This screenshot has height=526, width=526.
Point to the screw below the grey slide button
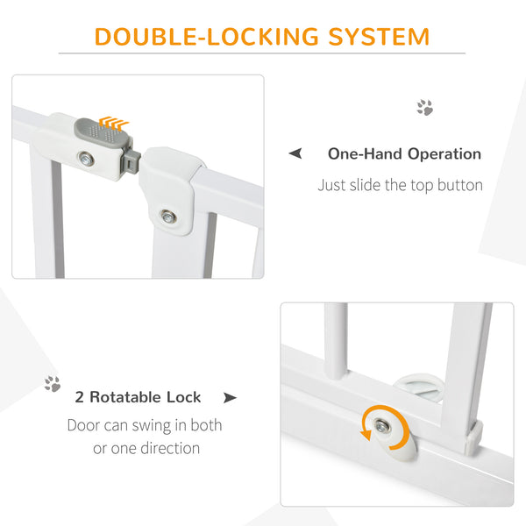[85, 160]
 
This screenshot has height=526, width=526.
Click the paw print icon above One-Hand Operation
[424, 108]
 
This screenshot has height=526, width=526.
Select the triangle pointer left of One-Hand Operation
[295, 154]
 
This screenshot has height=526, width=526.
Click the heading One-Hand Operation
[404, 154]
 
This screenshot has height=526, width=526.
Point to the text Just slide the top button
[400, 186]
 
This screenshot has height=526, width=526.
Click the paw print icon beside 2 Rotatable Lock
[53, 384]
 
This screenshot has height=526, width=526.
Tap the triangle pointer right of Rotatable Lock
[230, 398]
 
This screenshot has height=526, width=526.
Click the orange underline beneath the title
[262, 53]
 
